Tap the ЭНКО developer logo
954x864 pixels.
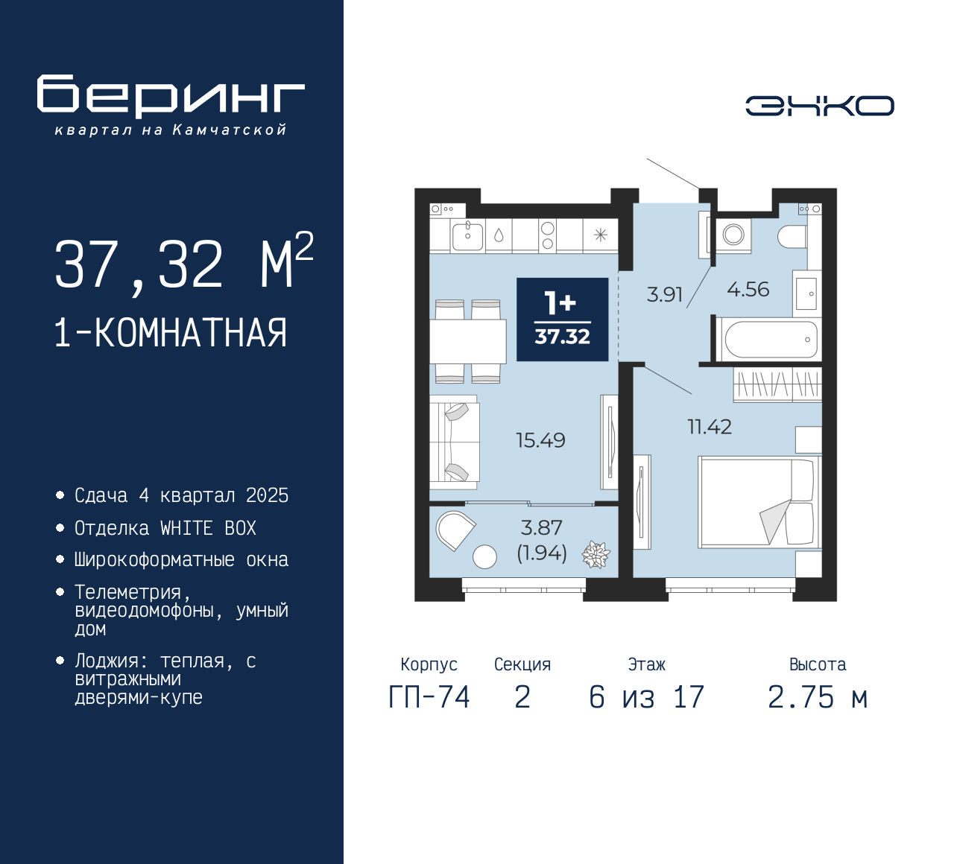(x=819, y=106)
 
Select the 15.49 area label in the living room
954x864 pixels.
(x=540, y=440)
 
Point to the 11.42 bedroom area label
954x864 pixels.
(x=709, y=427)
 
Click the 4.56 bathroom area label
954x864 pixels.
(x=748, y=290)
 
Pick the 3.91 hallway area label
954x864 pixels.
(x=664, y=294)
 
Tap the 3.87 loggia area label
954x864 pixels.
(x=541, y=528)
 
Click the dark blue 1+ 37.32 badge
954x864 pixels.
(x=563, y=320)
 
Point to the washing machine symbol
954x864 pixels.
(x=733, y=235)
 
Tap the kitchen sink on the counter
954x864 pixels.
(x=468, y=236)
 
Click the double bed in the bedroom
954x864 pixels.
(x=758, y=502)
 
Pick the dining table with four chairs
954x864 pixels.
(x=467, y=341)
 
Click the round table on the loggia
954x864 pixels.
(x=484, y=556)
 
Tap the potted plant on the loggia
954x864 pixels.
(x=596, y=554)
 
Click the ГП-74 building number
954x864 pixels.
(x=429, y=697)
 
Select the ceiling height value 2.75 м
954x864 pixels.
(x=818, y=697)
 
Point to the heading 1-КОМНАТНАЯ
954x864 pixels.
(x=171, y=332)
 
